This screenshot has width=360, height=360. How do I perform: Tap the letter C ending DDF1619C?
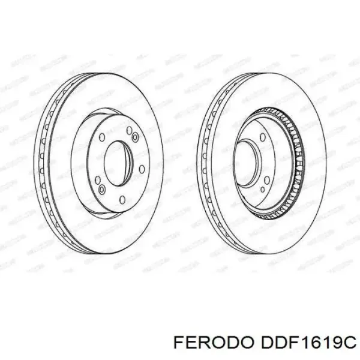[x=348, y=343]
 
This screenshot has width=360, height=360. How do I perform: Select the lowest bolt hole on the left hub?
[x=122, y=199]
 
